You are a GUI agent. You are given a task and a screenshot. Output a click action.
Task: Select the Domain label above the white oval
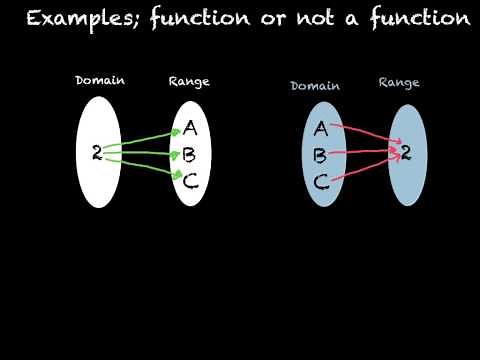click(x=99, y=80)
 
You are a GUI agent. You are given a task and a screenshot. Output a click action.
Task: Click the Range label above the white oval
click(x=190, y=80)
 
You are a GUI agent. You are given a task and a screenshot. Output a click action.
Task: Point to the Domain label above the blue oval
click(x=315, y=86)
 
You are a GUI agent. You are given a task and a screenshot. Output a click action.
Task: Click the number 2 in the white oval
click(x=96, y=152)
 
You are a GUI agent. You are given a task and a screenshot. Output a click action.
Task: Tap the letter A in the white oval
click(x=190, y=128)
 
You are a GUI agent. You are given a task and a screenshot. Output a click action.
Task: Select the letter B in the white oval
click(x=189, y=155)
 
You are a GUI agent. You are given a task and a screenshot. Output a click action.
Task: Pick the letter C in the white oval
click(x=190, y=181)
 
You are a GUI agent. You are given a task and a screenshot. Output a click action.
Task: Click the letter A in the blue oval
click(x=320, y=128)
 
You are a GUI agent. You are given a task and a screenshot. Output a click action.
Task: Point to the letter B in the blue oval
click(x=320, y=156)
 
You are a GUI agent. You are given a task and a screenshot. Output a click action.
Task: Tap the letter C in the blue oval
click(x=320, y=182)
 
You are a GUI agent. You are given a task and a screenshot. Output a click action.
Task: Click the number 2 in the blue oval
click(x=406, y=152)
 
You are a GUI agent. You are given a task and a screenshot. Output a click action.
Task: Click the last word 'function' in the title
click(x=420, y=18)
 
